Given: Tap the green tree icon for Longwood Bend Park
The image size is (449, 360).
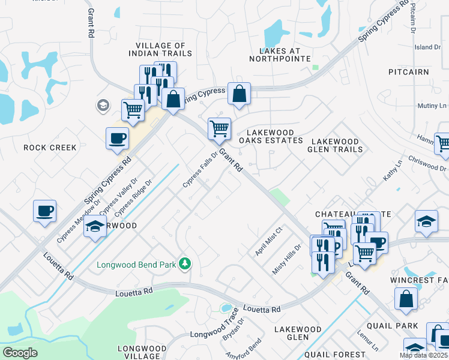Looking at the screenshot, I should click(x=186, y=263).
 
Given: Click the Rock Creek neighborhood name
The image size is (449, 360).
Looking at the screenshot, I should click(x=50, y=148).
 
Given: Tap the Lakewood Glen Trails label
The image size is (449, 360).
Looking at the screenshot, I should click(x=336, y=145).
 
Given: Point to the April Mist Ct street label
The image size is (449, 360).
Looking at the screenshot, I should click(x=268, y=241).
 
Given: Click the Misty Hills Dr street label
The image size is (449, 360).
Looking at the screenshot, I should click(x=287, y=259).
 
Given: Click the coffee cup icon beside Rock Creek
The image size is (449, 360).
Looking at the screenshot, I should click(x=117, y=137).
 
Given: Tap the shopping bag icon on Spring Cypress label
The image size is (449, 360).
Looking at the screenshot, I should click(x=239, y=94).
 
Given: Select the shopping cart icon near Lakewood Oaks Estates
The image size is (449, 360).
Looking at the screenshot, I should click(x=219, y=128).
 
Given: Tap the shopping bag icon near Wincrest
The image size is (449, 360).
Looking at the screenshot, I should click(x=406, y=298).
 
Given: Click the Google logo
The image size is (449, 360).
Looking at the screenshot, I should click(x=20, y=353).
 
